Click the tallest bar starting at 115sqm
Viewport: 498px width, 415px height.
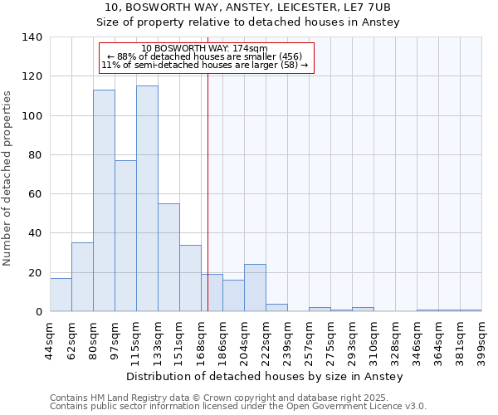[x=147, y=198]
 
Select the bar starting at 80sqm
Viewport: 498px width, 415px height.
[x=104, y=201]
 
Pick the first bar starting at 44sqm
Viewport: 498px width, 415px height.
[x=61, y=295]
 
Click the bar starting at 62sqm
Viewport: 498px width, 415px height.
[x=82, y=277]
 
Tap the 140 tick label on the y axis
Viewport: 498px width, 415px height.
[x=32, y=37]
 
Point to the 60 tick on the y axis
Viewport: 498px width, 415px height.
[x=36, y=194]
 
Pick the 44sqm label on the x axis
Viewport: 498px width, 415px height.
[x=50, y=339]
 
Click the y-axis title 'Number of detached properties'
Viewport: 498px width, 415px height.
[x=8, y=174]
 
